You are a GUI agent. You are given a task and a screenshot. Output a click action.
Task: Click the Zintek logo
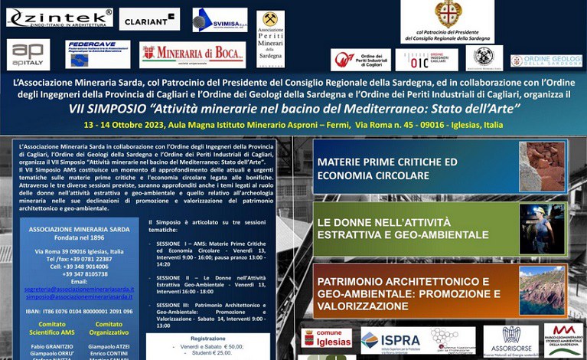[60, 17]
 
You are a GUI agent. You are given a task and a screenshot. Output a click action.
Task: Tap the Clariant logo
[149, 18]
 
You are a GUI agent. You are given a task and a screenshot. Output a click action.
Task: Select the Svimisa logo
[220, 19]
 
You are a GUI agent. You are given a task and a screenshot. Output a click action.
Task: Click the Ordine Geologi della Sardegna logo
[546, 61]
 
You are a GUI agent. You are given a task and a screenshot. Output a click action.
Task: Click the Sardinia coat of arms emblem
[448, 13]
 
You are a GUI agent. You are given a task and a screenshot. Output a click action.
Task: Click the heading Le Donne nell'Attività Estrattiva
[403, 228]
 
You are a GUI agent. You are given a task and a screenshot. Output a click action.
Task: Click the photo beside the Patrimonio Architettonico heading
[542, 290]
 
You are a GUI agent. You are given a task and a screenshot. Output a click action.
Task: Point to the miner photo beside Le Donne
[542, 229]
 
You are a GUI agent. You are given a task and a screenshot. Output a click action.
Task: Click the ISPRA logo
[391, 339]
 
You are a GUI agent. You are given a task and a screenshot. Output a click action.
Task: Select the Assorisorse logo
[510, 340]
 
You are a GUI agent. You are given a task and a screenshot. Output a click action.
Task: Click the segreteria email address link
[79, 290]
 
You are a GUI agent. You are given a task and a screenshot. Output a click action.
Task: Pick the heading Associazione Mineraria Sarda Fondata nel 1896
[79, 233]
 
